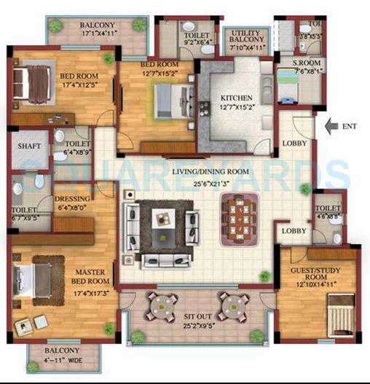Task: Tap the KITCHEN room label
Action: (x=237, y=98)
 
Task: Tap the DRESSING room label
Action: (x=73, y=198)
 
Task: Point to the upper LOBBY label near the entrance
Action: (x=294, y=143)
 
